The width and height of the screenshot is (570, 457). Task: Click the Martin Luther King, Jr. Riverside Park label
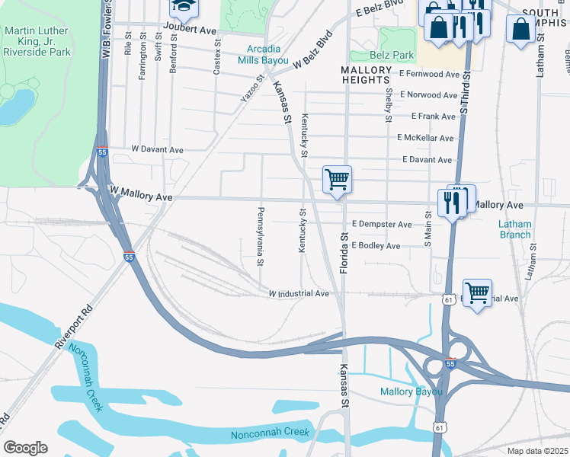(x=37, y=41)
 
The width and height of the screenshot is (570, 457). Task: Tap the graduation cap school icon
(x=182, y=8)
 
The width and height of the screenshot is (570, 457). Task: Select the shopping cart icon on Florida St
(x=337, y=181)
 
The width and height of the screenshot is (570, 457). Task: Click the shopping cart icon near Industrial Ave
(x=477, y=292)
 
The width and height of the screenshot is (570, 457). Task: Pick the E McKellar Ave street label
(x=425, y=138)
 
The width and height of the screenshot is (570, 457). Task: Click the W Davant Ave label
(x=158, y=149)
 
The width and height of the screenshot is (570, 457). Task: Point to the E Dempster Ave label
(x=382, y=225)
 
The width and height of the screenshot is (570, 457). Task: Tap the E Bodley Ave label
(x=376, y=246)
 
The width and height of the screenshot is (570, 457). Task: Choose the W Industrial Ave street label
(x=298, y=293)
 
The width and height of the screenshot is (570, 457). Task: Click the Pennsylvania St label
(x=260, y=236)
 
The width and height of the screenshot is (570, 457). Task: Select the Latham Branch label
(x=514, y=229)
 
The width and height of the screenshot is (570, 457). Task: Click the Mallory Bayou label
(x=411, y=393)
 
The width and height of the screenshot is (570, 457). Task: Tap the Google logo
(x=25, y=448)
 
